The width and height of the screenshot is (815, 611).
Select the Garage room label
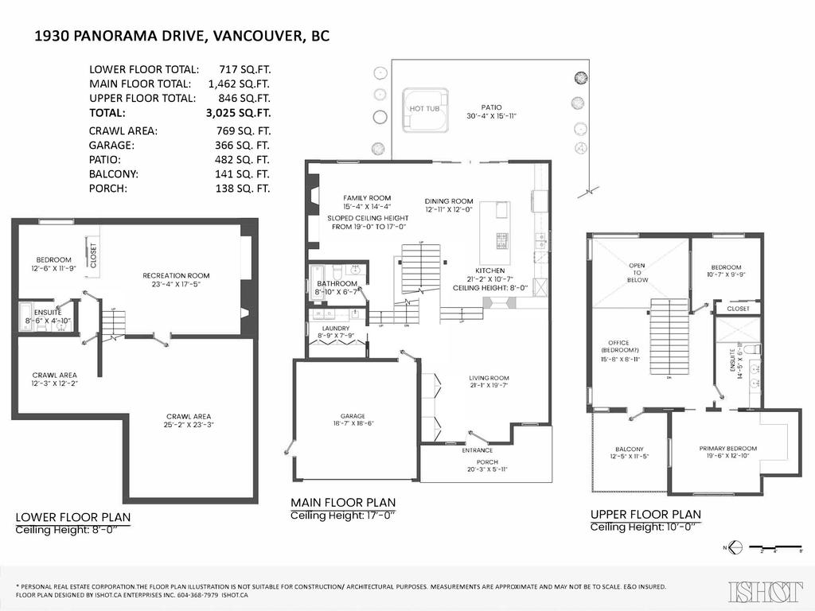[353, 416]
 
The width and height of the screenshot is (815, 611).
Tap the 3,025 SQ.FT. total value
[239, 113]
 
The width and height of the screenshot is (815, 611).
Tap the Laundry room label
[336, 328]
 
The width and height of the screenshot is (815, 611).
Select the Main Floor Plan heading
[342, 502]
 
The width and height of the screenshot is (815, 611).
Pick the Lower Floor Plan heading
[73, 517]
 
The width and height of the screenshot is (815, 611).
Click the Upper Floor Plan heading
[645, 514]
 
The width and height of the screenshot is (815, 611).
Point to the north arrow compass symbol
[735, 547]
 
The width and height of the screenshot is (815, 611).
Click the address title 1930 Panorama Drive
[182, 36]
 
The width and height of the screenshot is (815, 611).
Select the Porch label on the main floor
[486, 462]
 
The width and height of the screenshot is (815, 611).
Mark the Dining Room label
[449, 201]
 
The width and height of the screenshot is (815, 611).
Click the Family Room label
[367, 197]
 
